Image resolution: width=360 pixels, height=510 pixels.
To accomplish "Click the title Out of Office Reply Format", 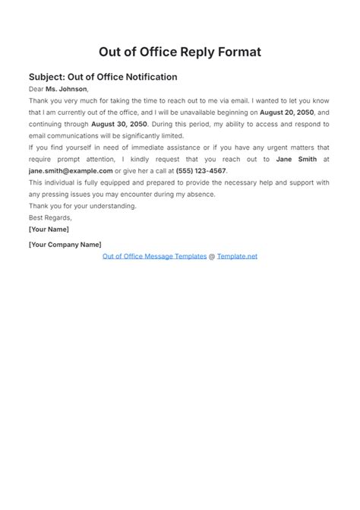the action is coord(180,52).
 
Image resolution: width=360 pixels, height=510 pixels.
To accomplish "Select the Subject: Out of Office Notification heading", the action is coord(103,77).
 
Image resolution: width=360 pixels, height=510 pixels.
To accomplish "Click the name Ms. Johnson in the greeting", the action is coord(67,89).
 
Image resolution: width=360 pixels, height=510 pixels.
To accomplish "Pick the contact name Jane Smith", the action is coord(296,159).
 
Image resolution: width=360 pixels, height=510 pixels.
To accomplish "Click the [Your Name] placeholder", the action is coord(49,229).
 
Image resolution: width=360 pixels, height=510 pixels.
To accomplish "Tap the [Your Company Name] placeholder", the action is coord(65,244).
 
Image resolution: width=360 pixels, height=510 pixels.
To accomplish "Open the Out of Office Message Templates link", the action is coord(154,256).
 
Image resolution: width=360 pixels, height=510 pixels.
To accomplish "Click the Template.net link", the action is coord(237,256).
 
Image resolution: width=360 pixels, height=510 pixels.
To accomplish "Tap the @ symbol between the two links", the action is coord(212,256).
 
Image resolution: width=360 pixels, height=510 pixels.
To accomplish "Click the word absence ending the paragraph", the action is coord(201,194).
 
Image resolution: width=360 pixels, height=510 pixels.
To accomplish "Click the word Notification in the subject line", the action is coord(147,77).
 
